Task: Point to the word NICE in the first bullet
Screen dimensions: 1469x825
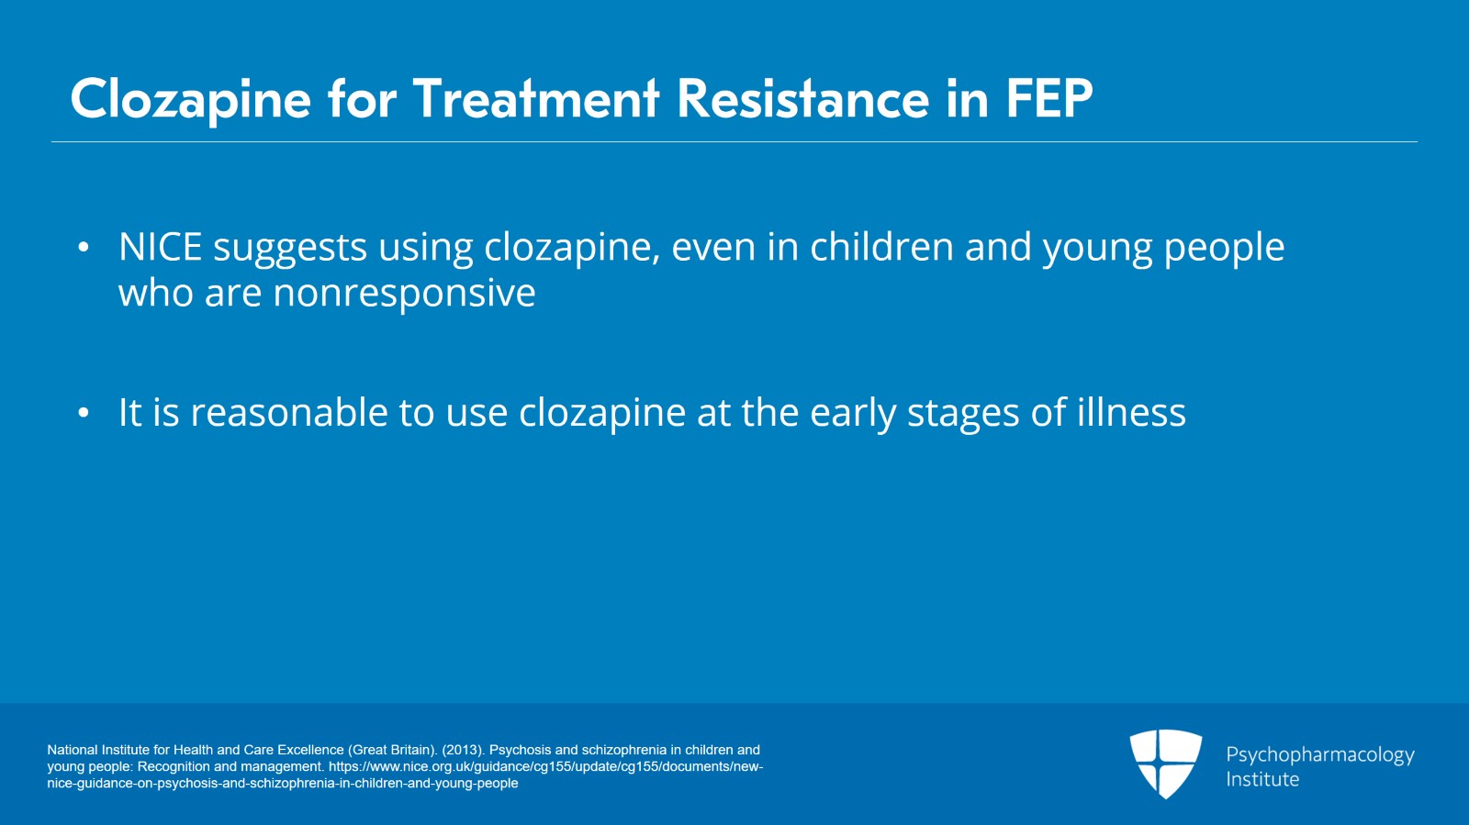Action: coord(160,247)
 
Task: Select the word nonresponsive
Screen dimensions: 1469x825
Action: coord(404,293)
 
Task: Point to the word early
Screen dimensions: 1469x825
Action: coord(853,414)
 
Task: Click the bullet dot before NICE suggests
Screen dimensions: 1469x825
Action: coord(84,248)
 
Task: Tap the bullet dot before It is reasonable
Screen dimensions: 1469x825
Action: coord(84,413)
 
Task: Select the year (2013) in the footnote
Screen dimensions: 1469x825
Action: coord(464,750)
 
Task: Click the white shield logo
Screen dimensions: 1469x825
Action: coord(1165,764)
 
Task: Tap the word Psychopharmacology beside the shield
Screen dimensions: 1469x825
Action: coord(1320,755)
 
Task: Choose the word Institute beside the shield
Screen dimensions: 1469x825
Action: coord(1262,780)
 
